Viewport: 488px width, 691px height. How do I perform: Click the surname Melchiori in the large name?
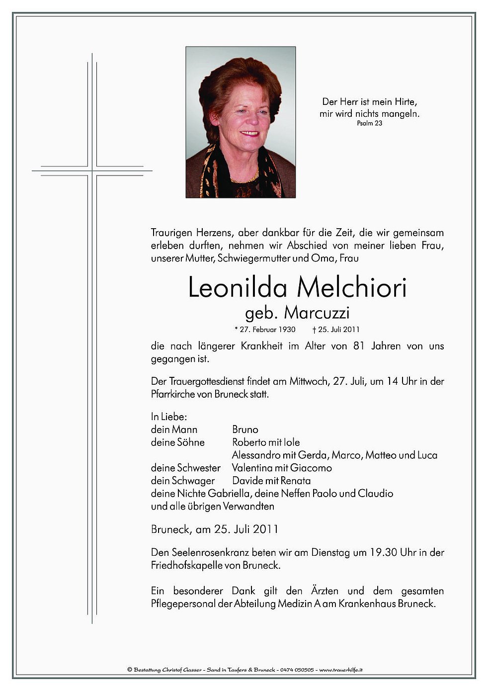tap(351, 288)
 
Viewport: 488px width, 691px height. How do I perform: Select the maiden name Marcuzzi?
tap(317, 313)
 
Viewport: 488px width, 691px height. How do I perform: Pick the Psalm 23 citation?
tap(369, 123)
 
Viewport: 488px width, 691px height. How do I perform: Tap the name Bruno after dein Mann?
tap(245, 430)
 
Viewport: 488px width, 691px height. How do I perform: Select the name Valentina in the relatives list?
tap(252, 468)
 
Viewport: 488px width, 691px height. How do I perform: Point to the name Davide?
tap(247, 481)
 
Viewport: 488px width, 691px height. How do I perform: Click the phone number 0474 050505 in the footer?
tap(297, 670)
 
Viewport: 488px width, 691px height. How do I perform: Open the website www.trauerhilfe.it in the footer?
tap(340, 670)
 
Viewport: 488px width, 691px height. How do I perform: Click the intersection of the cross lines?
tap(92, 171)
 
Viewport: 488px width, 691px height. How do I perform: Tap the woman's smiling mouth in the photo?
tap(248, 134)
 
